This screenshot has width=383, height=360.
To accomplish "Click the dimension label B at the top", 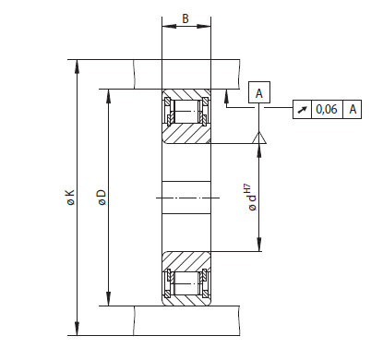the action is [186, 18].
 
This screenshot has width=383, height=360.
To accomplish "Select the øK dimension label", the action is [70, 198].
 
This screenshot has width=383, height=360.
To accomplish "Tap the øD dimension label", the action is [102, 198].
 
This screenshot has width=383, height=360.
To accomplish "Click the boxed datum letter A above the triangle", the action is [259, 92].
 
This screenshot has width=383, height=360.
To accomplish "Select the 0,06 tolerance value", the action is [327, 109].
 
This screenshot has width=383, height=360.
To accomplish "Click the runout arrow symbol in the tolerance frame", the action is [302, 109].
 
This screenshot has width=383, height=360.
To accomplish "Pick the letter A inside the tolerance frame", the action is [353, 109].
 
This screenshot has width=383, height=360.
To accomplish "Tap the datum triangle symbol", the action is [259, 138].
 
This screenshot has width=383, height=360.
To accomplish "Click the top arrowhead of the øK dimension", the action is [77, 66].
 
